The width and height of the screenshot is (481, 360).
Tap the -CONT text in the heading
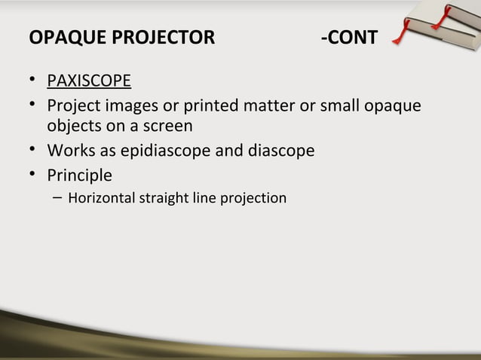coord(348,38)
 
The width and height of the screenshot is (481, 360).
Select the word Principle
coord(79,175)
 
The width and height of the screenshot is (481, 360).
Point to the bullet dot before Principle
coord(32,175)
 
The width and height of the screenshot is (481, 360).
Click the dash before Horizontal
coord(58,199)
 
